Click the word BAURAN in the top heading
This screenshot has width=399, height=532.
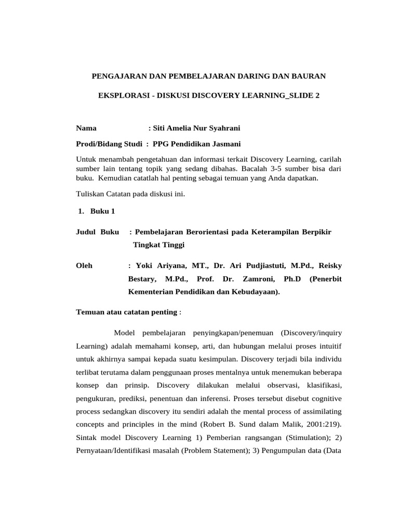307,76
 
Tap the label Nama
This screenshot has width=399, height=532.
86,128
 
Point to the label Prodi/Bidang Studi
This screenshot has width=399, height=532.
107,144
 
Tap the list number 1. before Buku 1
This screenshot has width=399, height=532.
81,211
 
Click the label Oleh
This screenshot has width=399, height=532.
85,265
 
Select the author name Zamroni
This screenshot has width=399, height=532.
257,279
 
